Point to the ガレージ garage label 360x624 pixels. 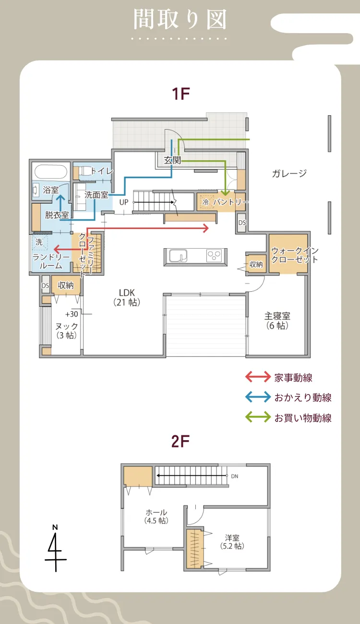pos(289,174)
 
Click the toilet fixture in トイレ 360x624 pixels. pos(84,171)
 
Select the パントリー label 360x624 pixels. pos(231,203)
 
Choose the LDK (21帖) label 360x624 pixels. pos(127,297)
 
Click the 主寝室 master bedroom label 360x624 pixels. pos(277,321)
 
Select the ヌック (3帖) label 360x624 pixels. pos(66,331)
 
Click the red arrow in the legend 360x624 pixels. pos(258,377)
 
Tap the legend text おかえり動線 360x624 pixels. pos(302,397)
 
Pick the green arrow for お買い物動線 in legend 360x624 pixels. pos(258,418)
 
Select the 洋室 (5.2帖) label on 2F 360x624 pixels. pos(231,542)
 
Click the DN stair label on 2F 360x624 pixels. pos(234,477)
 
